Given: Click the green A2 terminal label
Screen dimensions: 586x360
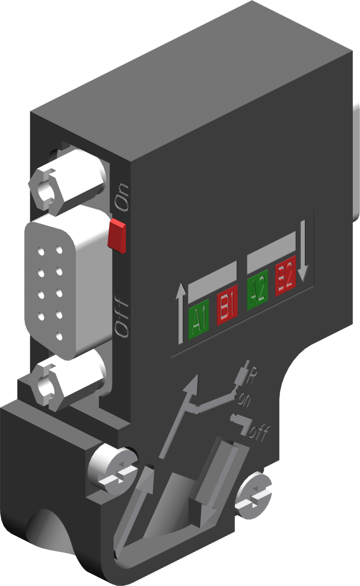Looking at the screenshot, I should click(x=258, y=292).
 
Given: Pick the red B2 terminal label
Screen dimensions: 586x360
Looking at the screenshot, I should click(x=285, y=278).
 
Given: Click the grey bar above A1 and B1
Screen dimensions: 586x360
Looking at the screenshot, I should click(x=212, y=280).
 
